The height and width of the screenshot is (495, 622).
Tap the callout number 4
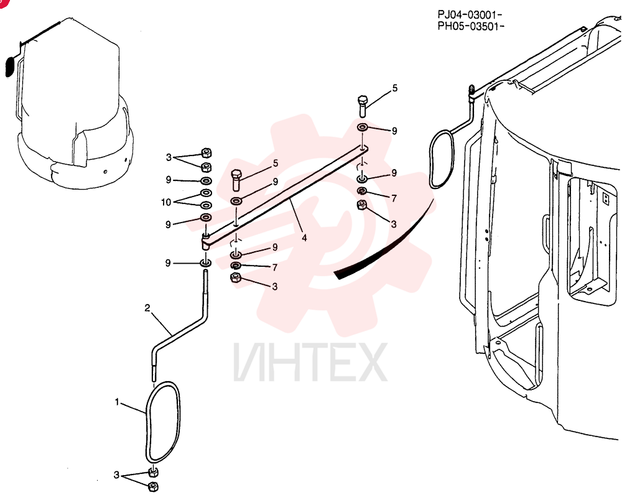304,238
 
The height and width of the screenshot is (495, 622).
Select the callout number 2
147,308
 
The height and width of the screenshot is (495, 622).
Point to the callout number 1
117,402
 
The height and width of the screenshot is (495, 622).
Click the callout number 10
166,202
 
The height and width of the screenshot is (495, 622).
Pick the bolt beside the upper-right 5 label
363,106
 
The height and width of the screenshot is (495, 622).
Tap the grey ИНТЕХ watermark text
310,363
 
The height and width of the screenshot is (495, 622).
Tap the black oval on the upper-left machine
9,67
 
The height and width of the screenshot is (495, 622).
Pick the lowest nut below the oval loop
153,486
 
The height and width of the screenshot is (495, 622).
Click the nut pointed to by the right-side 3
362,205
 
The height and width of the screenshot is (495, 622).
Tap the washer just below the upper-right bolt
363,127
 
